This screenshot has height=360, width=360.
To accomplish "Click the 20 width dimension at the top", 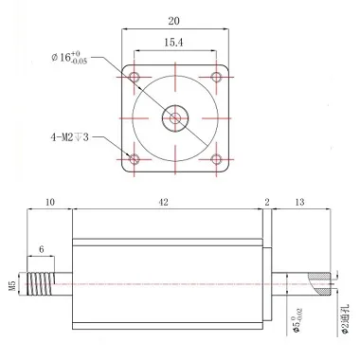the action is pyautogui.click(x=174, y=21).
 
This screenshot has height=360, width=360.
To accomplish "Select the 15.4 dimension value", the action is pyautogui.click(x=173, y=43).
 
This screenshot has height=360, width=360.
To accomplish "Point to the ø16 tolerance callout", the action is pyautogui.click(x=69, y=58).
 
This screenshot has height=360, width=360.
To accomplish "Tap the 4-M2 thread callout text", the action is pyautogui.click(x=69, y=137).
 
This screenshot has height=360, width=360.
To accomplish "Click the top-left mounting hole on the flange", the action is pyautogui.click(x=135, y=77).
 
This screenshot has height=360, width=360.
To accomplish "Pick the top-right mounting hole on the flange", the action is pyautogui.click(x=216, y=77).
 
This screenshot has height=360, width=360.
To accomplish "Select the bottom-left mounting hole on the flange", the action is pyautogui.click(x=135, y=159).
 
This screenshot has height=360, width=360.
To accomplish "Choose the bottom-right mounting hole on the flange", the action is pyautogui.click(x=216, y=159).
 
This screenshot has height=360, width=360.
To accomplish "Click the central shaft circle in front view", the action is pyautogui.click(x=175, y=118).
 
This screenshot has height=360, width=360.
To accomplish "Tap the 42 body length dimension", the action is pyautogui.click(x=163, y=203).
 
